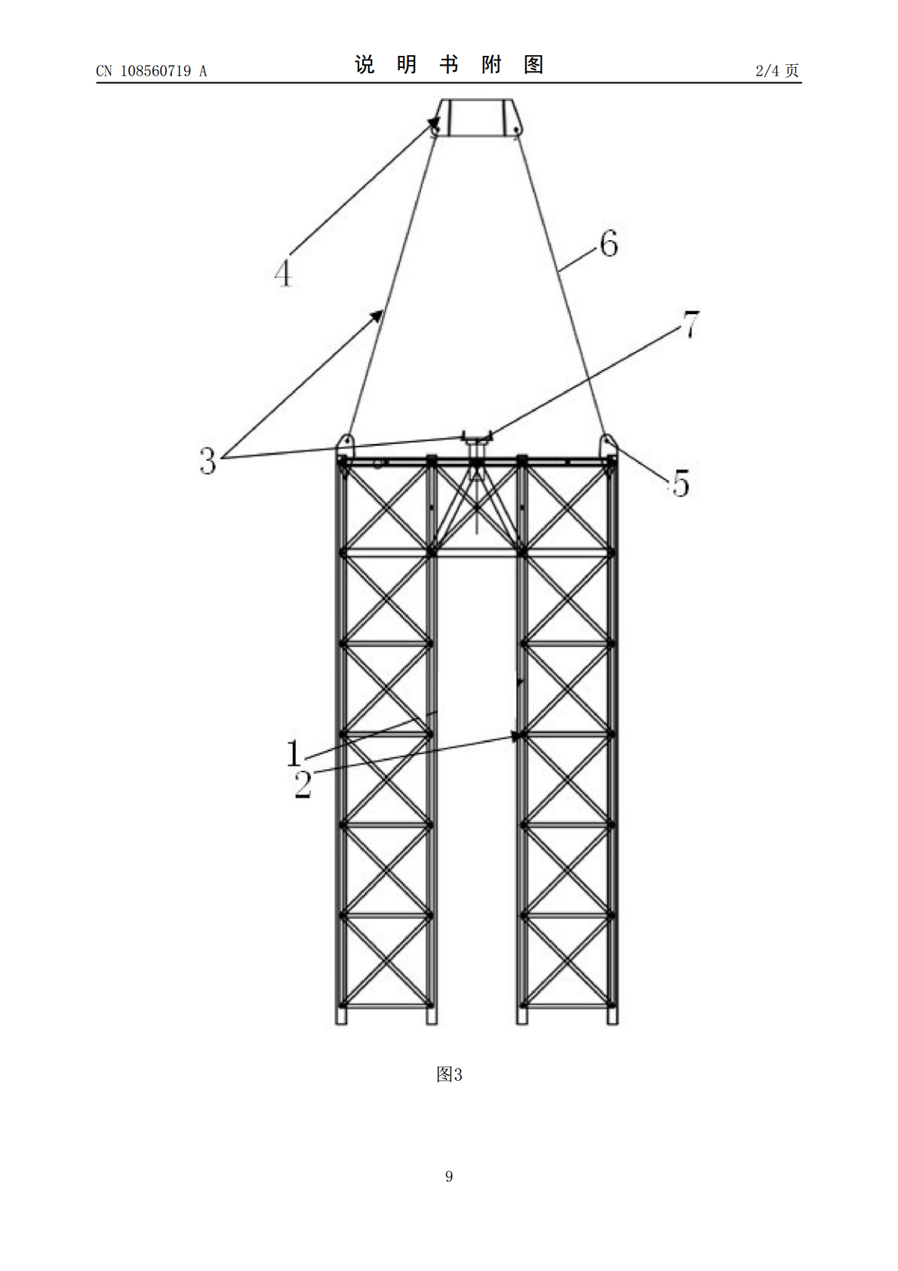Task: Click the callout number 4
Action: [283, 273]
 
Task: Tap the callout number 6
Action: [609, 244]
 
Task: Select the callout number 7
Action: [690, 325]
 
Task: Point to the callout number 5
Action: [681, 483]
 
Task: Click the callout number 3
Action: [208, 460]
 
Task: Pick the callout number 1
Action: [294, 753]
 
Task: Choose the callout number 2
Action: [303, 784]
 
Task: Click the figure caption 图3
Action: [449, 1074]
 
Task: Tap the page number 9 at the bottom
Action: [449, 1176]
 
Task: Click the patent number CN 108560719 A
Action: [151, 71]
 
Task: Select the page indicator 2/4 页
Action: [777, 71]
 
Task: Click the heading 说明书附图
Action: [449, 65]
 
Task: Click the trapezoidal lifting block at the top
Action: [475, 118]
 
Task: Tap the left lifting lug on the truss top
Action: [345, 445]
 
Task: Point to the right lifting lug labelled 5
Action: [608, 445]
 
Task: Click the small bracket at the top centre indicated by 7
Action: [477, 438]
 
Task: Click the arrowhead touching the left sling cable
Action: [377, 315]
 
